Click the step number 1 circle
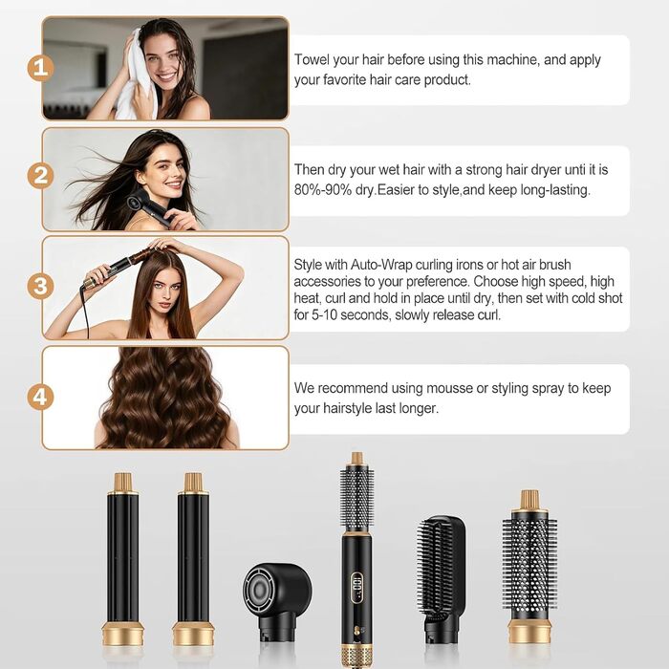point(40,68)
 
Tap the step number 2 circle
point(40,175)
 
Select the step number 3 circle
point(40,286)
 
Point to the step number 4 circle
point(40,398)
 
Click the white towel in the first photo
point(136,76)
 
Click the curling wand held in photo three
point(116,268)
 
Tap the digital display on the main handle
point(356,588)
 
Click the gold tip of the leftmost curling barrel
point(122,482)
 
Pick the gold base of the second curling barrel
point(193,634)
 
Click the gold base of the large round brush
point(529,632)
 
